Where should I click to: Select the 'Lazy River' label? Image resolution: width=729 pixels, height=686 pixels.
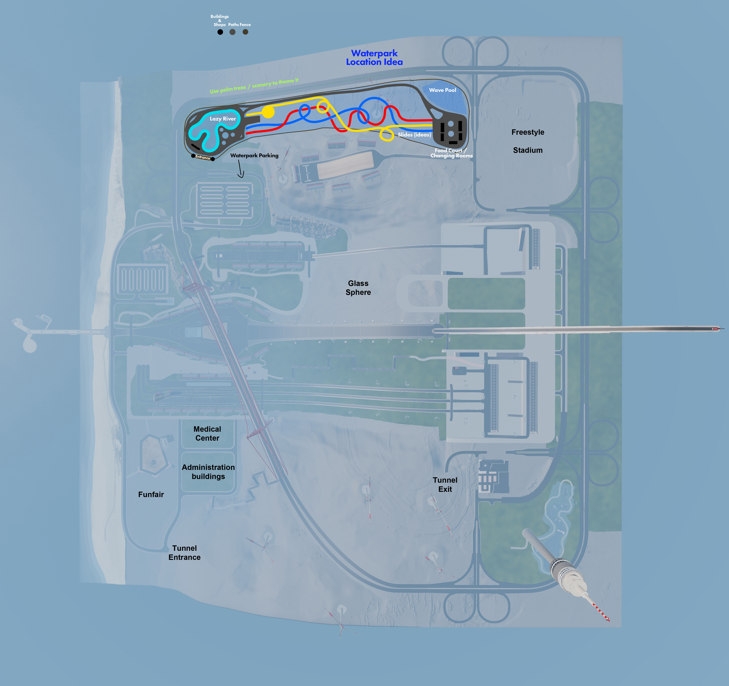coord(223,118)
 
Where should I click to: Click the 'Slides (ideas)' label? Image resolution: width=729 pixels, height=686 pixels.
coord(414,135)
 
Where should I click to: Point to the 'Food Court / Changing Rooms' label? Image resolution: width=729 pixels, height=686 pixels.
coord(451,153)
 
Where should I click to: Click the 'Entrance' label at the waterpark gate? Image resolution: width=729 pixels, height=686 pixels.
coord(203,157)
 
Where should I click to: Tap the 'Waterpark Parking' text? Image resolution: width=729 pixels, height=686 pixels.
coord(254,156)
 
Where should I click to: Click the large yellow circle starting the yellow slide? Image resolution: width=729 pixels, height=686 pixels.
coord(268,112)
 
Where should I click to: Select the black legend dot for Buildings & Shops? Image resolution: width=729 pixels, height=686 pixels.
coord(220,32)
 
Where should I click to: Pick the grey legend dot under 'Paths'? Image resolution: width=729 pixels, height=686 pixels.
coord(233,32)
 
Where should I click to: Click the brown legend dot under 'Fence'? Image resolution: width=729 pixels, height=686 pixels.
coord(245,32)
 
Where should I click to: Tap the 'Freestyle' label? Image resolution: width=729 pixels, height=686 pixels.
coord(528,132)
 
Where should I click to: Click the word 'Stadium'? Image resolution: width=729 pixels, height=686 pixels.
coord(528,150)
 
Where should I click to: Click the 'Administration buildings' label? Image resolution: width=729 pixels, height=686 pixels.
coord(208,472)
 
